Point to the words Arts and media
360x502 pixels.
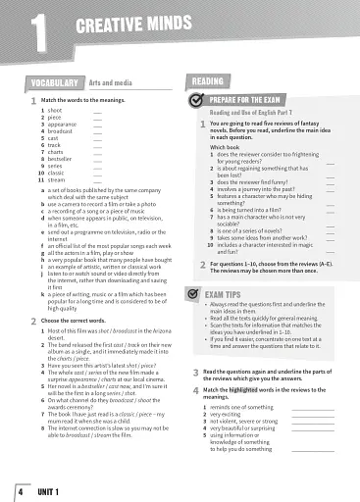point(110,83)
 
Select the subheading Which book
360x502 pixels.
point(225,147)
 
